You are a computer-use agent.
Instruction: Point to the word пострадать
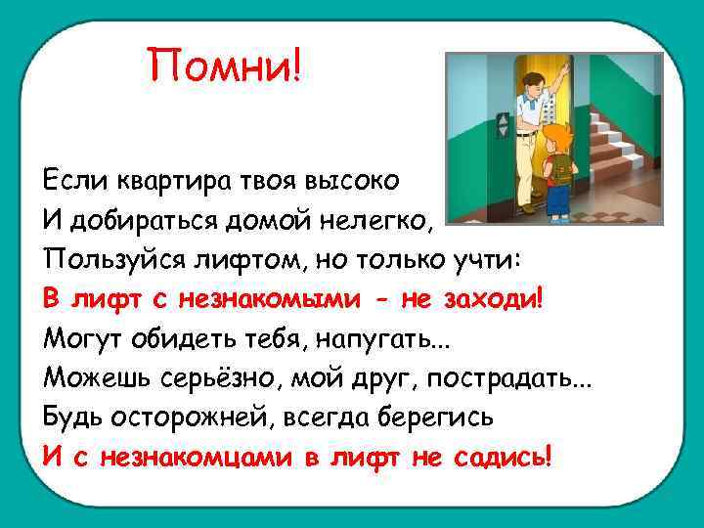click(x=523, y=377)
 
